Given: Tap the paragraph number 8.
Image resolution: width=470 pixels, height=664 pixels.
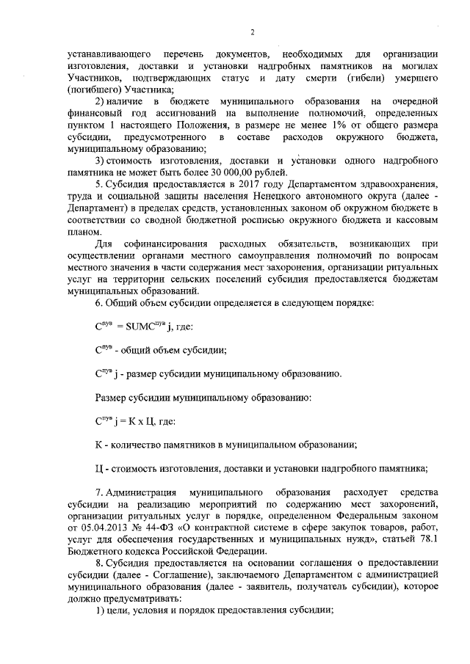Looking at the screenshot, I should (99, 566).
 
